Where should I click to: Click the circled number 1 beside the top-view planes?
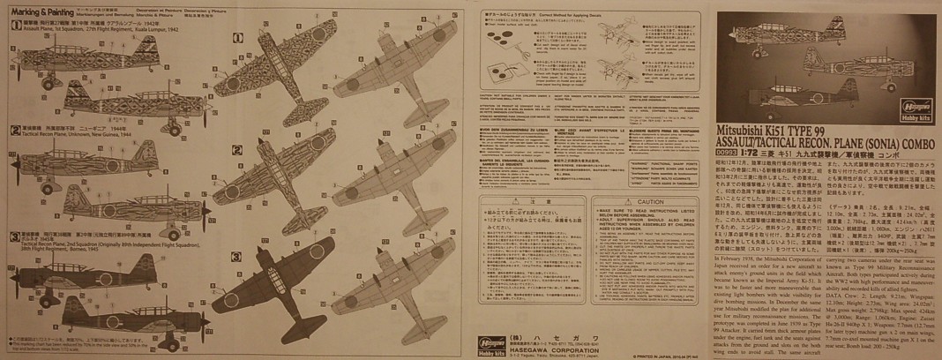click(x=238, y=38)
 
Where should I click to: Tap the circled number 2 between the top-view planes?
click(x=237, y=150)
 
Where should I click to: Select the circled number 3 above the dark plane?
click(x=237, y=257)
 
